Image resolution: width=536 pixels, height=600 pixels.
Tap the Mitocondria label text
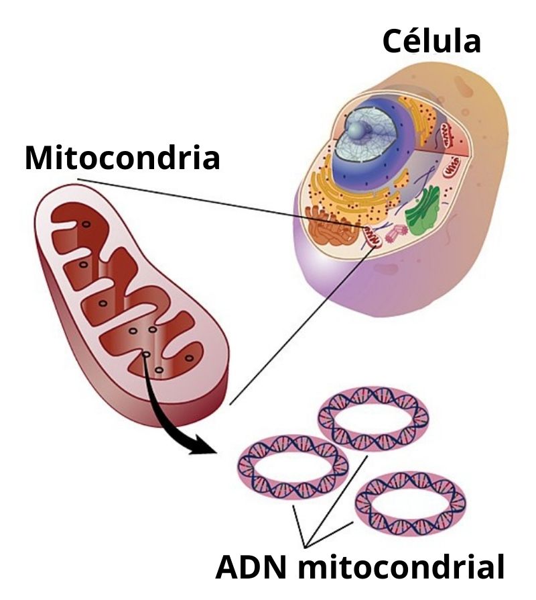[122, 158]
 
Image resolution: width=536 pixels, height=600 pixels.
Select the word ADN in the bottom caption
[253, 567]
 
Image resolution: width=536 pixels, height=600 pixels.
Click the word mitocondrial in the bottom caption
[401, 567]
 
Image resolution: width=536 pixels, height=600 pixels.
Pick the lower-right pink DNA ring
[410, 501]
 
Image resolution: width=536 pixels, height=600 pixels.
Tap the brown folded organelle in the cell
[332, 228]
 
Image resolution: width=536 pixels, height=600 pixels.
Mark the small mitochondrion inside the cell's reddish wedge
[455, 164]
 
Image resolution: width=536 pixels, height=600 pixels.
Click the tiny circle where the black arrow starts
[145, 354]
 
